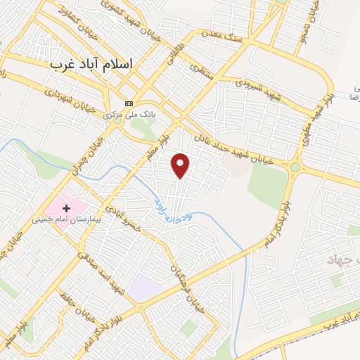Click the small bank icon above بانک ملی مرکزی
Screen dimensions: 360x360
click(128, 103)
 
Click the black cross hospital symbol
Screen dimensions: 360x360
click(67, 208)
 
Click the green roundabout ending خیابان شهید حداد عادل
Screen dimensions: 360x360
click(295, 167)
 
